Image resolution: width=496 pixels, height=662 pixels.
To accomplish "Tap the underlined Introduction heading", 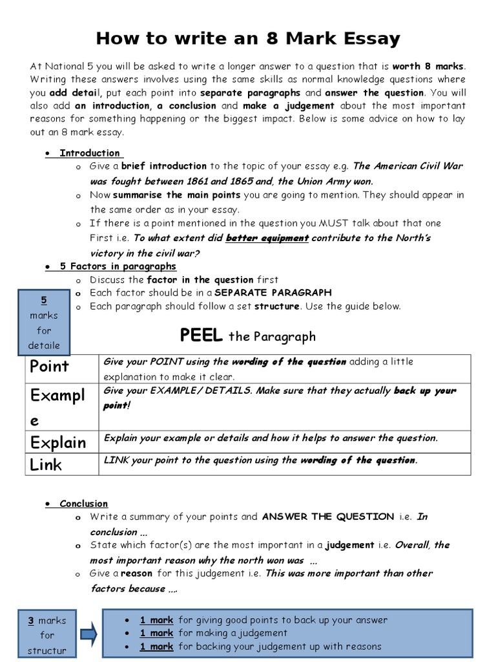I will (x=90, y=153).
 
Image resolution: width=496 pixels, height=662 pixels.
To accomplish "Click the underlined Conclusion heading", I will (x=83, y=503).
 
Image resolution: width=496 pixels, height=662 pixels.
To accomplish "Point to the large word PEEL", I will (x=201, y=336).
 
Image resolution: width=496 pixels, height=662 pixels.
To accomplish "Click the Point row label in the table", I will (x=49, y=367).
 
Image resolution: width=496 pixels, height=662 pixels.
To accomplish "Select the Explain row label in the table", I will (x=57, y=443).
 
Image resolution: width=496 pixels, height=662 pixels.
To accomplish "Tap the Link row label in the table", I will (x=46, y=465).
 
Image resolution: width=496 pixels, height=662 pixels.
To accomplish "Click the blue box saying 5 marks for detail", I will (x=44, y=323).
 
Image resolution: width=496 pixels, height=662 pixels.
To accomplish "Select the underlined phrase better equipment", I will (x=267, y=238).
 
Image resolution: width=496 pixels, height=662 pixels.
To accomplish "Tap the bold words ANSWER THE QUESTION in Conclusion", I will (x=327, y=517).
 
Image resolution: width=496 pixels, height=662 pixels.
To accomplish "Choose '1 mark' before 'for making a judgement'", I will (x=157, y=633).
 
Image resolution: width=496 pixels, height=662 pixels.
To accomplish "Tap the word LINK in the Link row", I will (x=116, y=460).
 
